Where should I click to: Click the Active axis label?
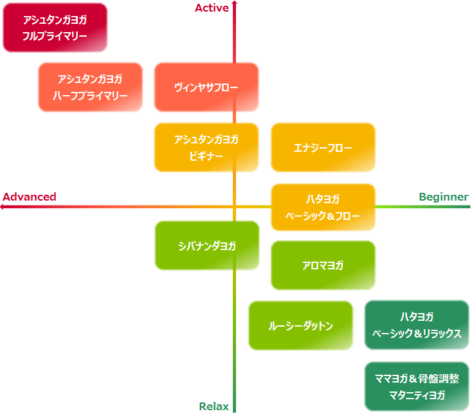[x=212, y=8]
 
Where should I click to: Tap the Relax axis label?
[x=213, y=406]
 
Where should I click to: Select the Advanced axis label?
[x=30, y=197]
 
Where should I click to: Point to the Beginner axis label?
[x=443, y=197]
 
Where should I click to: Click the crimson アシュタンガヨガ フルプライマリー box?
[x=55, y=28]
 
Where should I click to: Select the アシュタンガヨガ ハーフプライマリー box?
[x=90, y=87]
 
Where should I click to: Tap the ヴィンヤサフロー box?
[x=206, y=87]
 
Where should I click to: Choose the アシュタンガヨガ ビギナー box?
[x=206, y=147]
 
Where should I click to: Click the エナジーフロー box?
[x=323, y=147]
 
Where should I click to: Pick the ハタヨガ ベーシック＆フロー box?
[x=323, y=207]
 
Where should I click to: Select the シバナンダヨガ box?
[x=206, y=246]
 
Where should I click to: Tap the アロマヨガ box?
[x=323, y=265]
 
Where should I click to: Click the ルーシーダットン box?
[x=300, y=325]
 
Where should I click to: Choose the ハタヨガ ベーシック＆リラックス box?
[x=417, y=325]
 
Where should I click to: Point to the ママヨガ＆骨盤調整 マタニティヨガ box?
[x=417, y=387]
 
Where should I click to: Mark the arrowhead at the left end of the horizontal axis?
[x=3, y=207]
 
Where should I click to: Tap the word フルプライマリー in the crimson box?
[x=55, y=37]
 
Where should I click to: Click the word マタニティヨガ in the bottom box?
[x=417, y=395]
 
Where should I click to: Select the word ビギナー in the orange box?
[x=206, y=156]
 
